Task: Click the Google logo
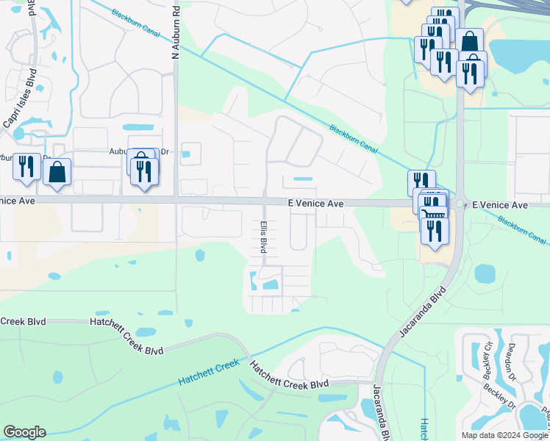(x=24, y=432)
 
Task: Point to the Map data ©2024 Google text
(x=504, y=435)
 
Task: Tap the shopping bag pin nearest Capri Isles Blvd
(x=57, y=173)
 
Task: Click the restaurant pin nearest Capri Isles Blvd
(x=26, y=168)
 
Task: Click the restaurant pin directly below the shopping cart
(x=435, y=231)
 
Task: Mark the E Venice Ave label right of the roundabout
(x=500, y=205)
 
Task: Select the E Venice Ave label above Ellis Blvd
(x=315, y=203)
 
